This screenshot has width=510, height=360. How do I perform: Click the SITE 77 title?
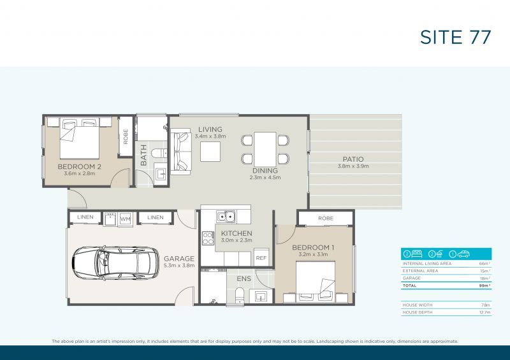click(x=455, y=37)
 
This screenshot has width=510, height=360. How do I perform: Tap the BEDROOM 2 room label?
click(x=80, y=167)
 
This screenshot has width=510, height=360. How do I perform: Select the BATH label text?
click(x=144, y=154)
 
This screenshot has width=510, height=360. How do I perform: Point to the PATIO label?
click(x=353, y=159)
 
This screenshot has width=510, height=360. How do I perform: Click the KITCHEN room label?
click(x=237, y=233)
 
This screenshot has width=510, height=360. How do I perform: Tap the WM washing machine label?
click(x=125, y=219)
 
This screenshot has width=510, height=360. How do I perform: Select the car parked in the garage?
click(x=115, y=263)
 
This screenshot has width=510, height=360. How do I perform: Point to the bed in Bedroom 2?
click(x=79, y=140)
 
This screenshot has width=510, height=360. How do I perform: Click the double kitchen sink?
click(x=224, y=216)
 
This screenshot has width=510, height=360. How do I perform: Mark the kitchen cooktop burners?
click(x=208, y=238)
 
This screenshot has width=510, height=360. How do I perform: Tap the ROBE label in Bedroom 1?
click(x=325, y=218)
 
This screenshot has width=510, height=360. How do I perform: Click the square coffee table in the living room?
click(x=210, y=152)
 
